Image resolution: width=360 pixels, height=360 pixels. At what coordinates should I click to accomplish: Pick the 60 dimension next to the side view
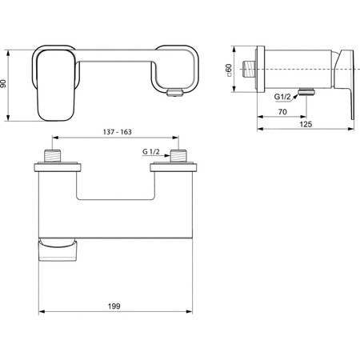tap(230, 70)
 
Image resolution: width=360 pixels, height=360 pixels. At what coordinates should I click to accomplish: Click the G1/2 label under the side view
tap(282, 96)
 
